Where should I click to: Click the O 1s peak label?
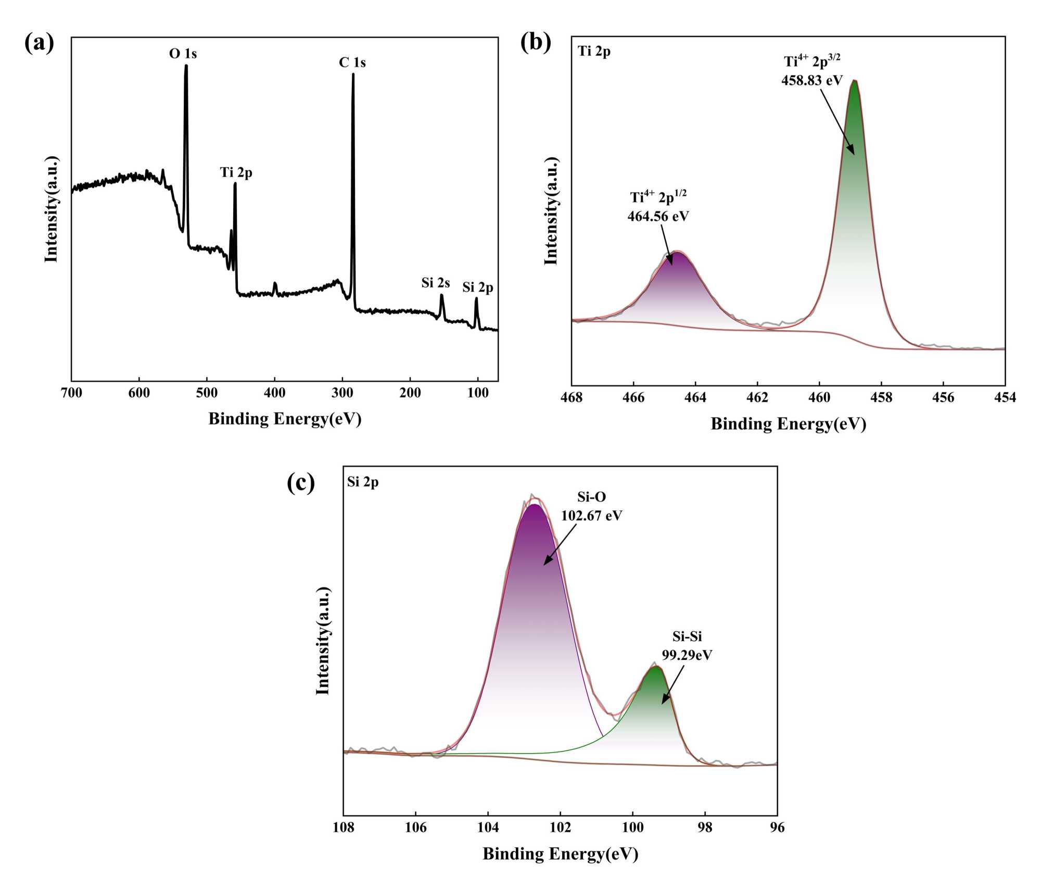click(x=183, y=54)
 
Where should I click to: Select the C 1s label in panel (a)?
click(x=352, y=62)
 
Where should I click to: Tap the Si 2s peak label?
click(x=435, y=283)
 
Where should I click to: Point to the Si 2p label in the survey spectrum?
click(x=477, y=287)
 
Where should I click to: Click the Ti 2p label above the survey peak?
click(x=236, y=172)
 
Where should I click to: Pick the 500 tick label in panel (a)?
click(x=207, y=393)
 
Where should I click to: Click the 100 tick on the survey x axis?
click(x=478, y=393)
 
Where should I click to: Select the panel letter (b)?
click(x=536, y=42)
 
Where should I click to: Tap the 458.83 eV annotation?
click(x=811, y=80)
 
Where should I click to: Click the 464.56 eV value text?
click(x=658, y=216)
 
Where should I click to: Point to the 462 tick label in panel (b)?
click(x=757, y=397)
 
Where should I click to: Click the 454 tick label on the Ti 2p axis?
click(x=1005, y=397)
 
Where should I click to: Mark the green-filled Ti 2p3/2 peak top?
click(x=854, y=82)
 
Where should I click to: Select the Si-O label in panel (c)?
click(x=591, y=497)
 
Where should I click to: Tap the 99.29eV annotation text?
click(x=687, y=655)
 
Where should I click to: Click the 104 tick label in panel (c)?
click(x=488, y=827)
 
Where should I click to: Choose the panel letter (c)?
click(x=301, y=483)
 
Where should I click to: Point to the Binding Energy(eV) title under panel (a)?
click(x=285, y=419)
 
